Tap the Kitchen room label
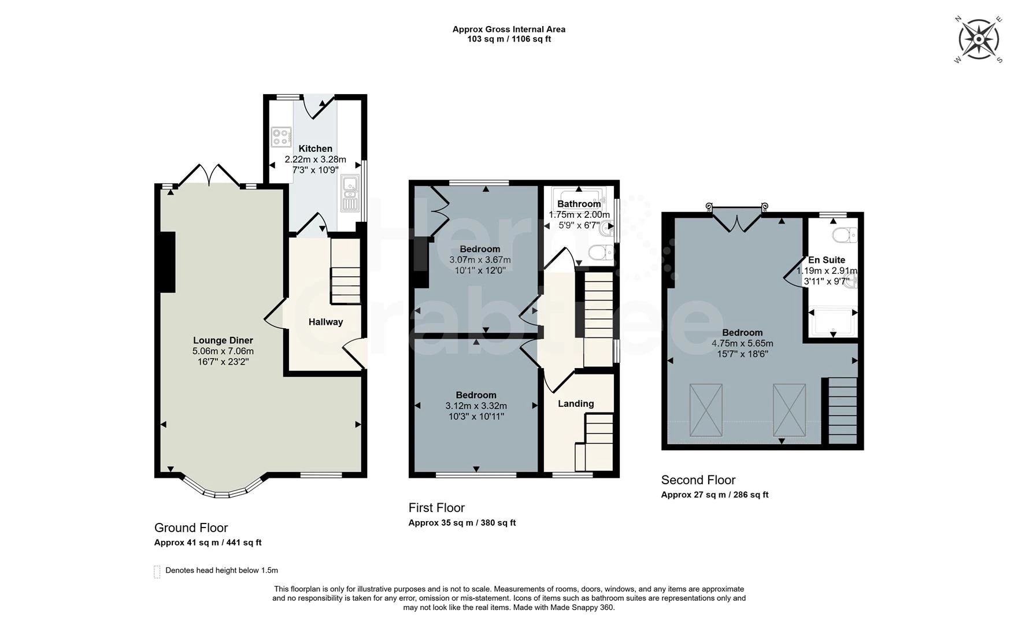pyautogui.click(x=315, y=148)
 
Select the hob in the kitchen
pyautogui.click(x=282, y=136)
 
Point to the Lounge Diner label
pyautogui.click(x=223, y=340)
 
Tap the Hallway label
pyautogui.click(x=325, y=322)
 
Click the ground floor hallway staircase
pyautogui.click(x=345, y=272)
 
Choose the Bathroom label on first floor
pyautogui.click(x=579, y=204)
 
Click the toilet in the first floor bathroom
pyautogui.click(x=600, y=252)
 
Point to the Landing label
pyautogui.click(x=576, y=403)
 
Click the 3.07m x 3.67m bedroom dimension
pyautogui.click(x=480, y=260)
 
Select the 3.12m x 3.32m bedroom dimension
pyautogui.click(x=476, y=406)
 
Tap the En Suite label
pyautogui.click(x=826, y=260)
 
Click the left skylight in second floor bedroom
pyautogui.click(x=706, y=410)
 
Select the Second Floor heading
pyautogui.click(x=698, y=480)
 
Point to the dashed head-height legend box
pyautogui.click(x=157, y=571)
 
